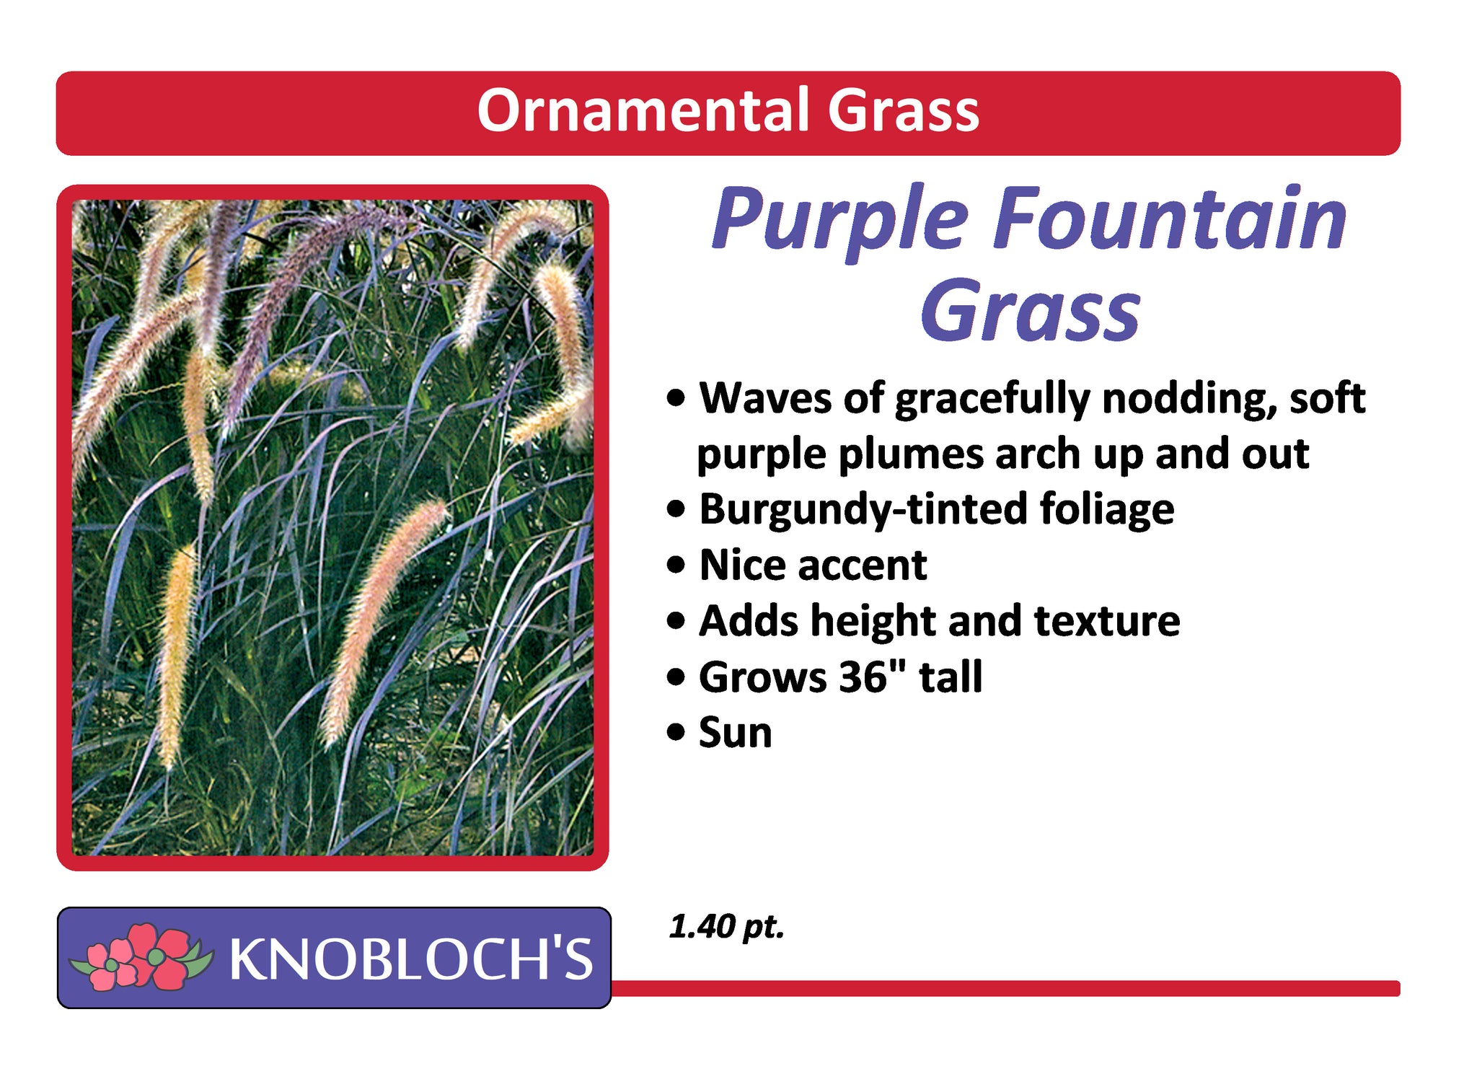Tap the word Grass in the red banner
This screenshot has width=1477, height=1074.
904,110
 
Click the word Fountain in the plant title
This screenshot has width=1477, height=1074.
1169,218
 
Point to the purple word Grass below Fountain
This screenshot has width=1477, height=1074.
1031,311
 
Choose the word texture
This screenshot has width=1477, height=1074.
1107,621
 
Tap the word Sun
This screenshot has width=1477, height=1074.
736,733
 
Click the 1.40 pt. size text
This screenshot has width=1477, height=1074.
726,927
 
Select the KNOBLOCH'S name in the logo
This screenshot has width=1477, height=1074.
411,959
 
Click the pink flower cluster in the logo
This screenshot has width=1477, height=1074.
141,956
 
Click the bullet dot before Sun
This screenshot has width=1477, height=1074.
676,733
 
